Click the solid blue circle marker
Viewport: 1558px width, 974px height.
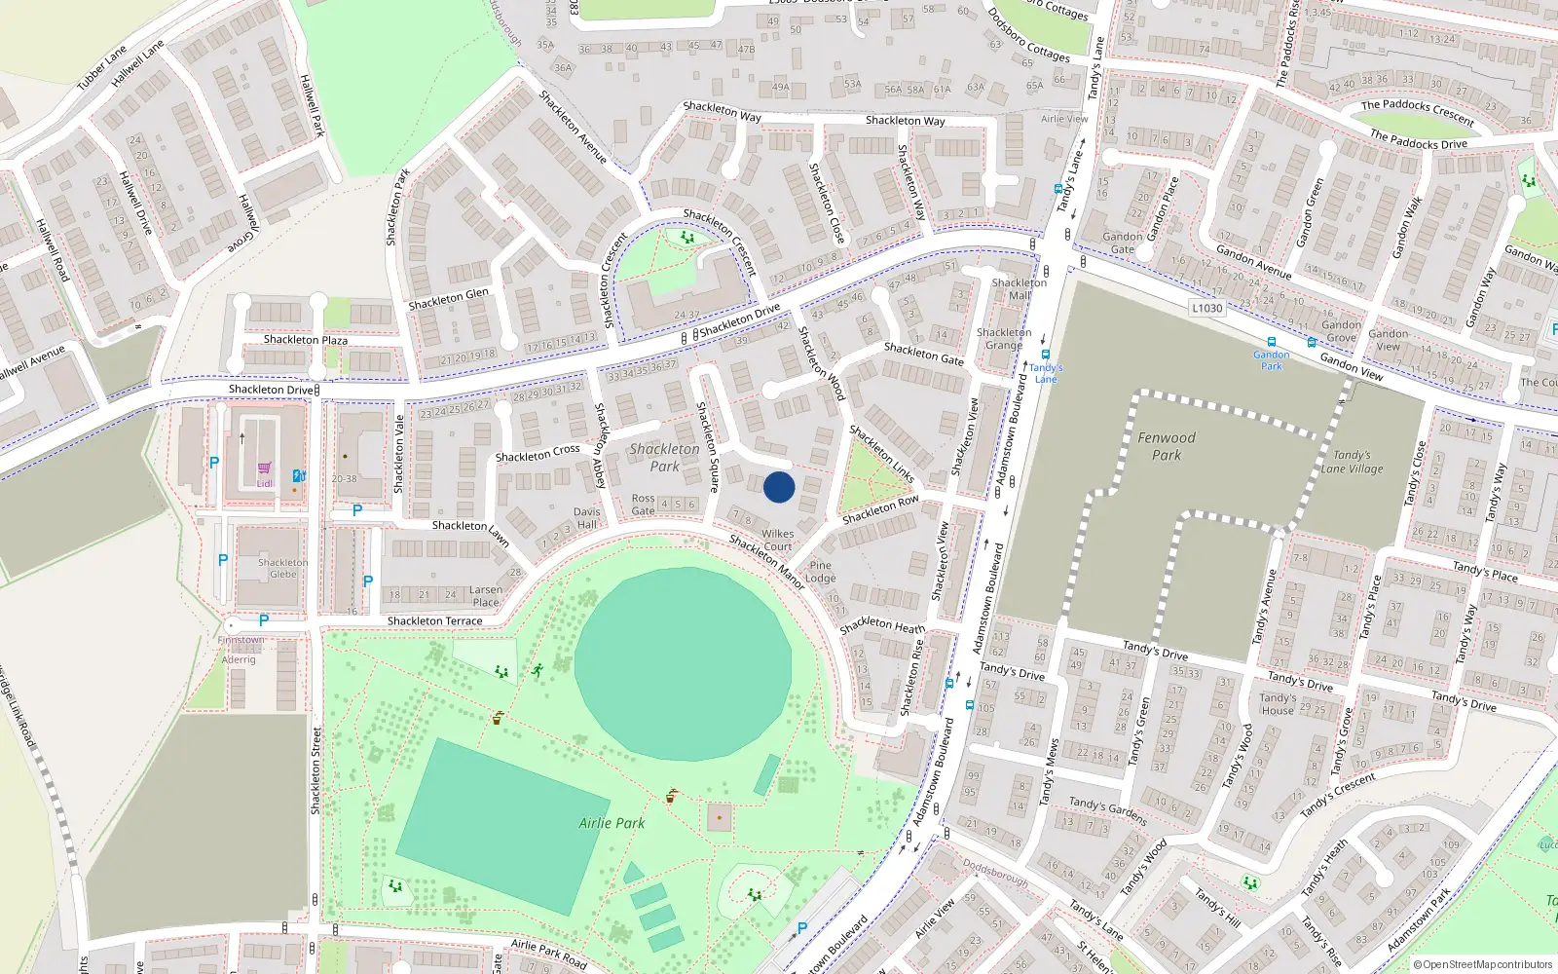tap(779, 487)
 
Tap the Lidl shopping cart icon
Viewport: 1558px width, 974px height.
tap(264, 468)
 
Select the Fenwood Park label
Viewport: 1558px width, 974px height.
tap(1166, 446)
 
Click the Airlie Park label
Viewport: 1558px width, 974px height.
tap(612, 823)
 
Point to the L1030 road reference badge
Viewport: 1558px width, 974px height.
tap(1206, 308)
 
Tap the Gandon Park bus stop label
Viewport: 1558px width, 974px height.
tap(1271, 360)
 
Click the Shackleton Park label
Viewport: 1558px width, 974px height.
tap(664, 457)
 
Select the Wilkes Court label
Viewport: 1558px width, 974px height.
tap(777, 540)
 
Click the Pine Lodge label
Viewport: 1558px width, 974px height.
tap(820, 572)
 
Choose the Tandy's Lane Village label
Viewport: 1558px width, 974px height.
tap(1352, 462)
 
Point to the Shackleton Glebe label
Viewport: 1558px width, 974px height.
tap(282, 568)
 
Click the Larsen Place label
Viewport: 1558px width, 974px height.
tap(486, 595)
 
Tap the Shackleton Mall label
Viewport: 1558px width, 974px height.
tap(1019, 288)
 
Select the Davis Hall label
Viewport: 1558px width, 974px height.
tap(586, 517)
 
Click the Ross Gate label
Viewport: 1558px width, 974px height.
tap(643, 504)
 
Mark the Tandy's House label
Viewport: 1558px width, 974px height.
tap(1278, 703)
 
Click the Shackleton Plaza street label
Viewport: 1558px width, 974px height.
tap(305, 339)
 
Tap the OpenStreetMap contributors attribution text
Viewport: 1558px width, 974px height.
tap(1481, 964)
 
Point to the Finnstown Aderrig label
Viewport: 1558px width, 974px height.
tap(240, 650)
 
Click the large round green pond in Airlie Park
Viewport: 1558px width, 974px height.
tap(682, 664)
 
